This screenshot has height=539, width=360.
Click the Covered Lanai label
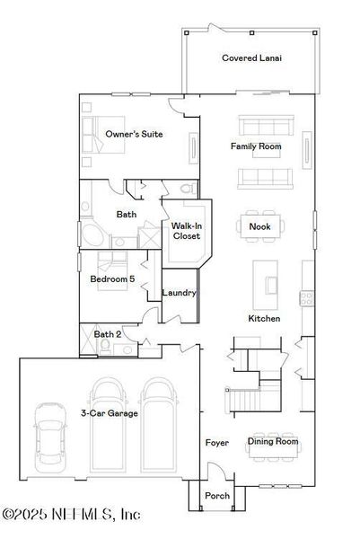point(251,57)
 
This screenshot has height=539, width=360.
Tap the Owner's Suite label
point(134,134)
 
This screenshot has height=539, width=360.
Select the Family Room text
point(256,146)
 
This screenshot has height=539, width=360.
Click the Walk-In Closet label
point(186,231)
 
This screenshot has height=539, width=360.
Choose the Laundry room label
point(180,293)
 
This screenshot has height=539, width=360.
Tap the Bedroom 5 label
point(112,279)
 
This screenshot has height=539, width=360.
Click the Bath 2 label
point(109,334)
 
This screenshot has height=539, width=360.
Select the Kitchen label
point(264,318)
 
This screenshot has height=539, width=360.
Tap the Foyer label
point(216,443)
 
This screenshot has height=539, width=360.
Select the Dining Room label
point(272,441)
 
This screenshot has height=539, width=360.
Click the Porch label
point(217,495)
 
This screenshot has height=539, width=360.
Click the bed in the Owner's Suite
point(97,134)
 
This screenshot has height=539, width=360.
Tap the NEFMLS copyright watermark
point(72,515)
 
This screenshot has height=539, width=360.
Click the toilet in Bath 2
point(105,347)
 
